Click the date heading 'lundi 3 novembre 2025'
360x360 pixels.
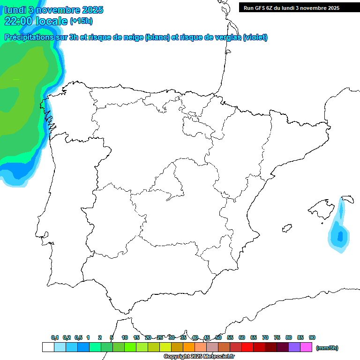(x=54, y=10)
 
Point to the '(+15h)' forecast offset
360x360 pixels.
(x=81, y=21)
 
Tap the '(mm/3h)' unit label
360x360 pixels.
(x=327, y=348)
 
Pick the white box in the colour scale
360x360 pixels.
(x=48, y=347)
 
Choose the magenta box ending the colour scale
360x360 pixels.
(x=306, y=347)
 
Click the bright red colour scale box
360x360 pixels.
(x=247, y=347)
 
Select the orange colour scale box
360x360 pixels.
(x=189, y=347)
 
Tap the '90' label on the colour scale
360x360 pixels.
(x=312, y=337)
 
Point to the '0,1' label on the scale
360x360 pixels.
(x=55, y=337)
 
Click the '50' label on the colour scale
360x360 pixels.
(x=218, y=337)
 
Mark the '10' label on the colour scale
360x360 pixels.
(x=125, y=337)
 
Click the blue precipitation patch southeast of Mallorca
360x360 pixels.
(x=339, y=234)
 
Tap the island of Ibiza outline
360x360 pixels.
(x=285, y=229)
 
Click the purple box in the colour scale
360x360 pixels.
(x=294, y=347)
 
